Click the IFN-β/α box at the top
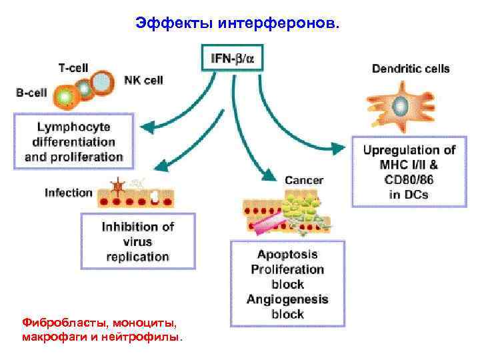[x=232, y=57]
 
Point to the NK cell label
[x=143, y=80]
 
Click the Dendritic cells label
[x=410, y=69]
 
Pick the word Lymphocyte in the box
[x=74, y=127]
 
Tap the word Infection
[x=69, y=193]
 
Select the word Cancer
[x=304, y=180]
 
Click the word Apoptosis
[x=288, y=255]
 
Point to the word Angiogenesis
[x=287, y=299]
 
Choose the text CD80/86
[x=409, y=180]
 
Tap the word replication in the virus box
[x=138, y=256]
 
